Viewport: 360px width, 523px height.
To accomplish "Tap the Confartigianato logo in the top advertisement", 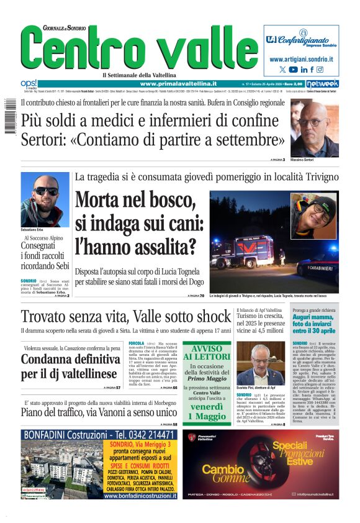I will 301,39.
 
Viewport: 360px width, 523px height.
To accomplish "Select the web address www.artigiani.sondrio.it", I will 302,59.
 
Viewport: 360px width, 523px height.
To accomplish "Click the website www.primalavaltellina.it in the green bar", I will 178,83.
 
